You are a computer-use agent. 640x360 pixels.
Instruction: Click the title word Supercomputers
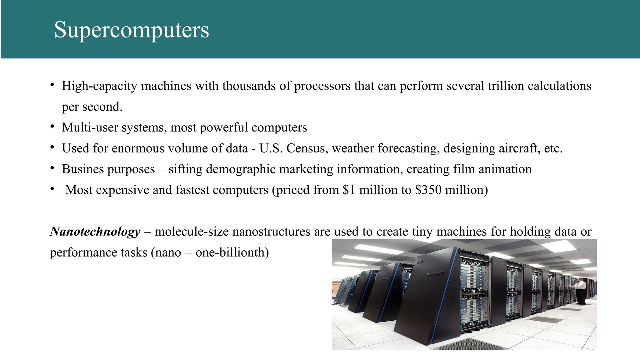tap(132, 30)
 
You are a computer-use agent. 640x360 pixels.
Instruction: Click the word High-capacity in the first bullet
tap(99, 86)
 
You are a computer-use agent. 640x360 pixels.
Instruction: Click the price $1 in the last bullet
tap(349, 190)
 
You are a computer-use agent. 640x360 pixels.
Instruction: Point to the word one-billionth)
tap(232, 252)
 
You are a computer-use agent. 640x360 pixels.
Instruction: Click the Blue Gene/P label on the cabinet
tap(435, 274)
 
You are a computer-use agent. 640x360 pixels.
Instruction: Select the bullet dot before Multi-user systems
tap(52, 127)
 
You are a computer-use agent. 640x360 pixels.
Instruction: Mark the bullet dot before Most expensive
tap(52, 189)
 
